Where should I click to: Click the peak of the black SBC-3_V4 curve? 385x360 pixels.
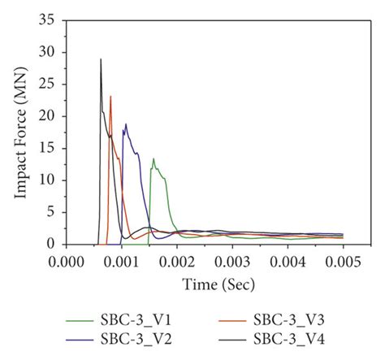point(101,59)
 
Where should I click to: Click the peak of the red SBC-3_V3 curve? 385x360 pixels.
point(110,97)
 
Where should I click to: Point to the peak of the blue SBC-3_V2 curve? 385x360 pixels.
point(126,124)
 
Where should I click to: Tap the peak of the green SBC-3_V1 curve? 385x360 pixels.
point(154,159)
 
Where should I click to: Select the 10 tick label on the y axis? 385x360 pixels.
point(49,180)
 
